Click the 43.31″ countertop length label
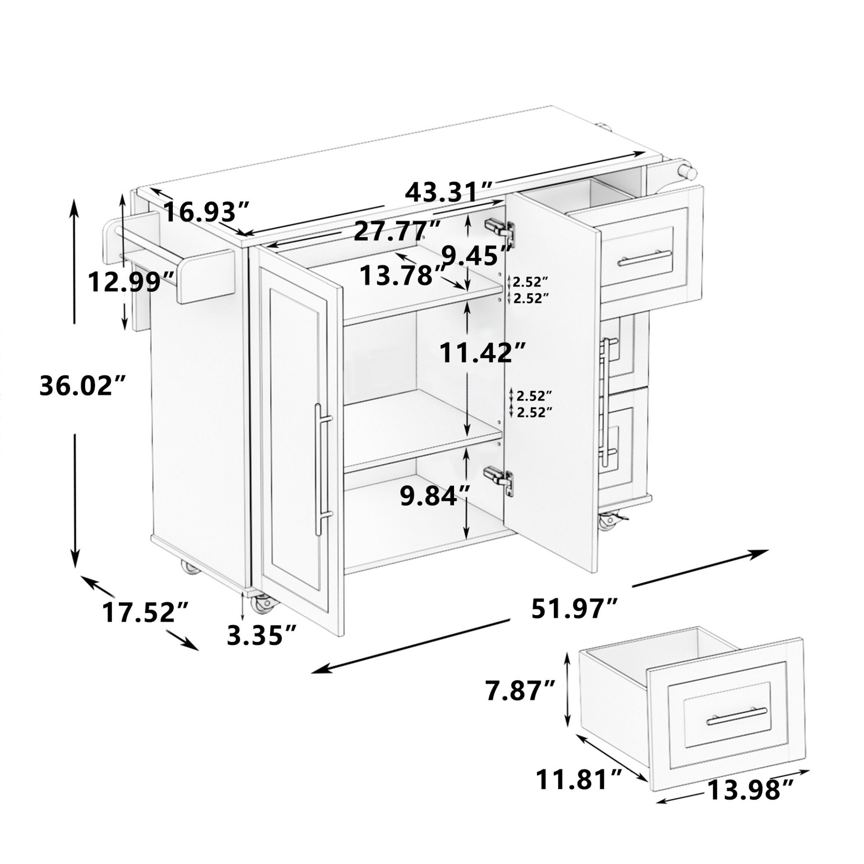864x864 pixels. [x=450, y=192]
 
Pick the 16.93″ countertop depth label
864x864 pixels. [x=207, y=211]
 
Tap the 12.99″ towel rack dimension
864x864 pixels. [x=130, y=282]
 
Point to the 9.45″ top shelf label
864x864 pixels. [x=477, y=255]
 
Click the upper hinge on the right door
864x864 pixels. [x=499, y=227]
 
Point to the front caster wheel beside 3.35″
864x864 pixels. [x=261, y=603]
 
